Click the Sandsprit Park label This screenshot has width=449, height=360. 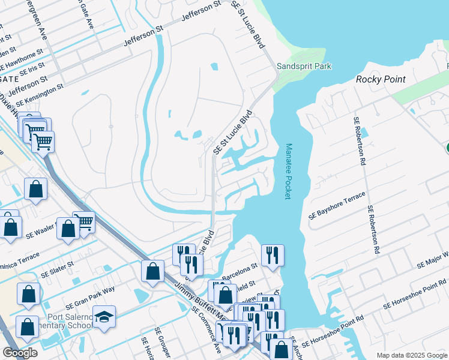(x=304, y=67)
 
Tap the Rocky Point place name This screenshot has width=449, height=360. (x=381, y=79)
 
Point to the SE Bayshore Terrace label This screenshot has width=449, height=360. (x=337, y=205)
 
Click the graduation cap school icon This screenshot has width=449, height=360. (x=104, y=317)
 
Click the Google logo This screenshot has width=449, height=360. (x=20, y=353)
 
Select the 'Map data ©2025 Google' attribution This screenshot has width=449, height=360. (x=411, y=355)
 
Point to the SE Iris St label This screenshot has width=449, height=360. (x=32, y=69)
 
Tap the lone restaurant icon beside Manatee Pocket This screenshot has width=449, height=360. (x=273, y=255)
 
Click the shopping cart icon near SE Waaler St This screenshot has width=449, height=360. (x=84, y=221)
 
